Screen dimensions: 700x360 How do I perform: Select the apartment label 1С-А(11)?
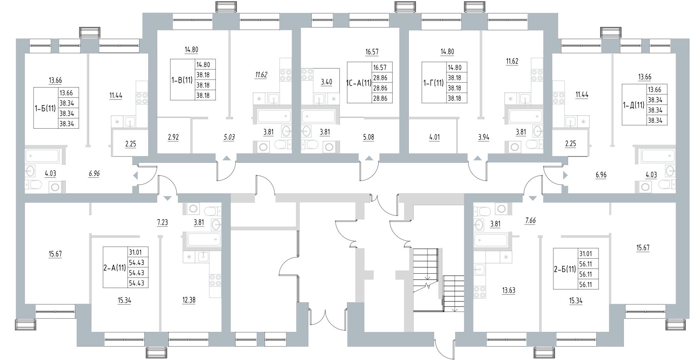tap(359, 83)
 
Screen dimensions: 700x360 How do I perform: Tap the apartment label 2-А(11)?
tap(114, 268)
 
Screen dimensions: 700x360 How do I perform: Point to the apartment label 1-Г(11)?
tap(433, 83)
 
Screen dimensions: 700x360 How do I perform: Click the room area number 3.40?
tap(326, 82)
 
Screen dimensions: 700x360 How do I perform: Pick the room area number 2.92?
tap(174, 137)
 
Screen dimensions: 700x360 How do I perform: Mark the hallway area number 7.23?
tap(162, 222)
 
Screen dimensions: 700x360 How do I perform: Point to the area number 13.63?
tap(508, 290)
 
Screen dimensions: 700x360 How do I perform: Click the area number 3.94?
tap(484, 137)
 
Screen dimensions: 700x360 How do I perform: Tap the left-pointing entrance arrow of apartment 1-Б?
tap(135, 175)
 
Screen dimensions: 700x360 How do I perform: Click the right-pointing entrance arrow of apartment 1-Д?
tap(565, 174)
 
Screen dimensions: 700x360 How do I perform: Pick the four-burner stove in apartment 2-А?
tap(215, 280)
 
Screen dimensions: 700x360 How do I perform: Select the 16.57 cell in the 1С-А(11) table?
tap(380, 67)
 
